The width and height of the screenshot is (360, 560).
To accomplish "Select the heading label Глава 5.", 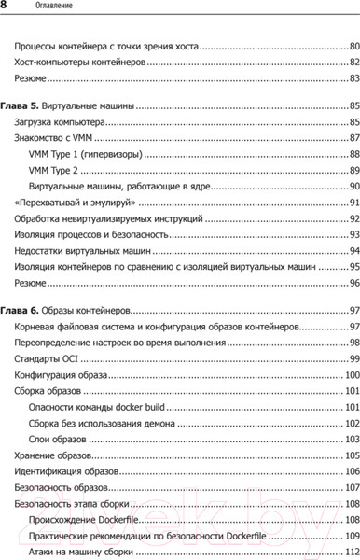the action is [x=21, y=105].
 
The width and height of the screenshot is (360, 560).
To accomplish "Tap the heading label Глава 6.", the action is [x=21, y=335].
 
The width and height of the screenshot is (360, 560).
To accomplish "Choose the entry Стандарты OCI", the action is [x=47, y=385].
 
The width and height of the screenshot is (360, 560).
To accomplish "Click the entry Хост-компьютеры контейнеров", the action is [x=80, y=62].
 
